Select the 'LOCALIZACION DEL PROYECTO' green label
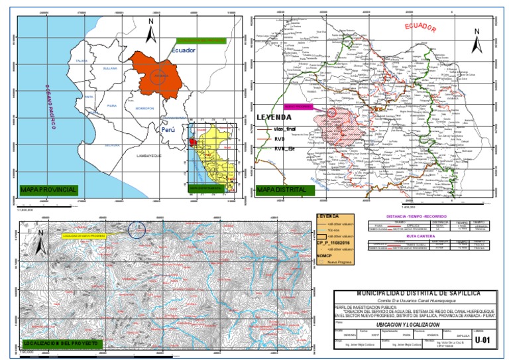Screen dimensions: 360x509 [x=60, y=343]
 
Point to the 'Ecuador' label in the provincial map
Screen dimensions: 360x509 [x=184, y=50]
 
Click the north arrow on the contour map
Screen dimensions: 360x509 [x=40, y=244]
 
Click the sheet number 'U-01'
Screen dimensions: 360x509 [x=485, y=340]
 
